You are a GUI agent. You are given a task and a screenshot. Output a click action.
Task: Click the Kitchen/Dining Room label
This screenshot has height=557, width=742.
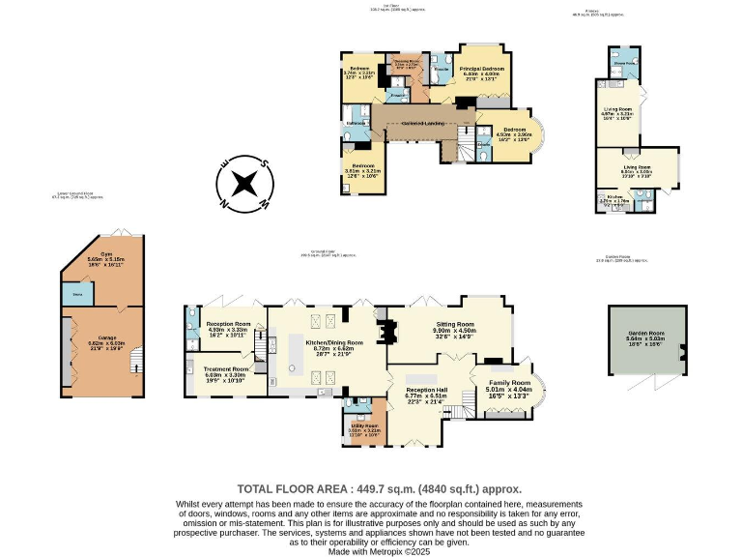coord(333,342)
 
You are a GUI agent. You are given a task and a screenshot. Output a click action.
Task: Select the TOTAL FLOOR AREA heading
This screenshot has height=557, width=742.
coord(379,488)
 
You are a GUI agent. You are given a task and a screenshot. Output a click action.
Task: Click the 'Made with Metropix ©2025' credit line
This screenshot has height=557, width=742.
coord(380,550)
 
